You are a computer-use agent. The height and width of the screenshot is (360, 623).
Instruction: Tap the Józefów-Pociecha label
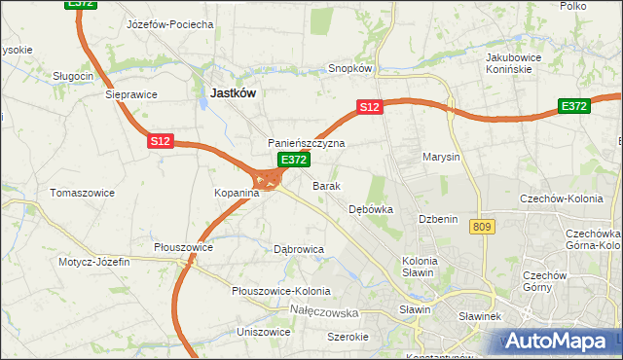tap(170, 24)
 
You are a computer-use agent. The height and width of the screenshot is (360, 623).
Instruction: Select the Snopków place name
tap(350, 69)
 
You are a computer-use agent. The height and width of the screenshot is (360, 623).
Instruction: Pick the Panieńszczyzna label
tap(307, 143)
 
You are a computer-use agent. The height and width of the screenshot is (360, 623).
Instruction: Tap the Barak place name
tap(326, 185)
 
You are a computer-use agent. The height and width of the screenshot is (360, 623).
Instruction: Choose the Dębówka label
tap(370, 209)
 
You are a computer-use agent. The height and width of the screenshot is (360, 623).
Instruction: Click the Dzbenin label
tap(438, 220)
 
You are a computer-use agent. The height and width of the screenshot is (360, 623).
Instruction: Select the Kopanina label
tap(237, 194)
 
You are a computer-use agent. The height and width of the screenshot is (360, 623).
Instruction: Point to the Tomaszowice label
tap(83, 193)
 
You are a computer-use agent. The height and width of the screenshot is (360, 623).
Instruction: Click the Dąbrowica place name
tap(299, 249)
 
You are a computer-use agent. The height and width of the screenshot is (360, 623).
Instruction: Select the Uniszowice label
tap(263, 332)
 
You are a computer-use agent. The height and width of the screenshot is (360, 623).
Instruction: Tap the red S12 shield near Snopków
tap(368, 107)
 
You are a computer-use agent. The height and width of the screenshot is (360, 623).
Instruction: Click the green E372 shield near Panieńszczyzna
tap(294, 159)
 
